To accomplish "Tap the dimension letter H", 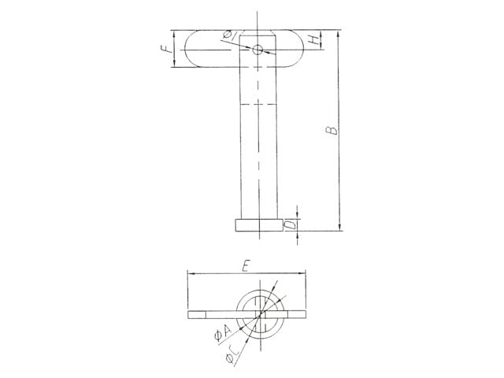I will click(x=313, y=40).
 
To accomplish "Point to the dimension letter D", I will click(x=290, y=224).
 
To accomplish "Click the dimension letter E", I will click(x=246, y=266).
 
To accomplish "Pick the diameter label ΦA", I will click(x=223, y=332).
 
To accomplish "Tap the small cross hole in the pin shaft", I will click(x=258, y=50).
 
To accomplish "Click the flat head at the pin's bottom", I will click(x=258, y=225).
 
